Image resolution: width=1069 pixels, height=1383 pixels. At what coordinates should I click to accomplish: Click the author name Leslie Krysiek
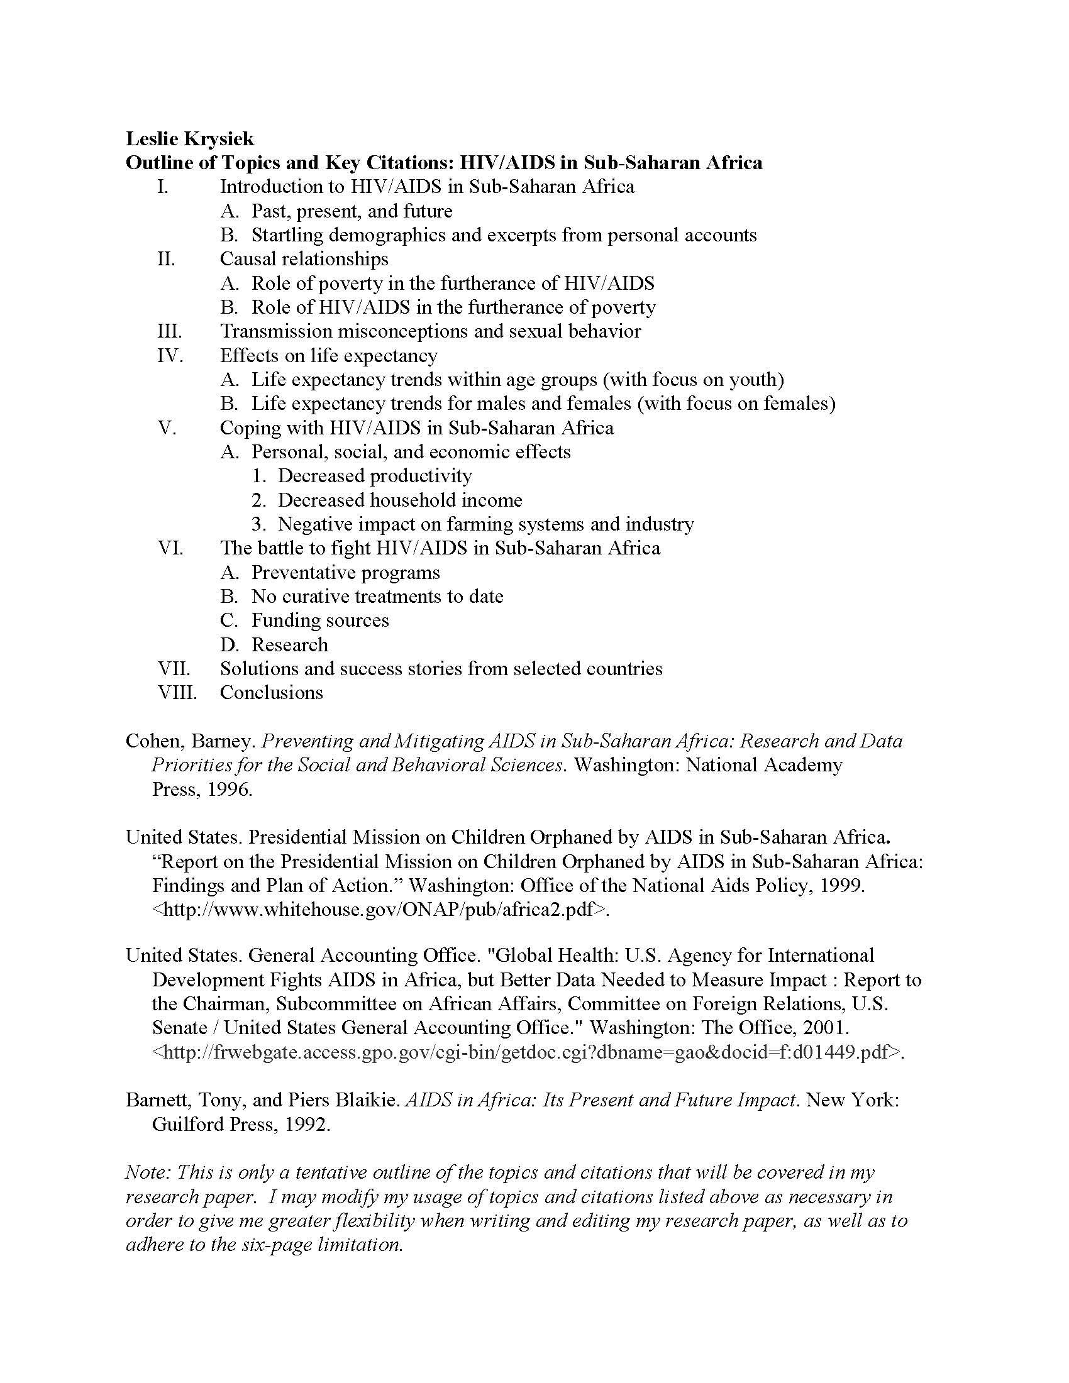[190, 138]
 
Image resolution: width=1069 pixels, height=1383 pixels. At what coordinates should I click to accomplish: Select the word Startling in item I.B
[288, 235]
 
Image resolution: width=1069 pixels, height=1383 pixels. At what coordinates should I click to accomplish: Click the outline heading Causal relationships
[304, 259]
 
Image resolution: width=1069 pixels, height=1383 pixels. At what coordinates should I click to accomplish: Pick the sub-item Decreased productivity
[375, 476]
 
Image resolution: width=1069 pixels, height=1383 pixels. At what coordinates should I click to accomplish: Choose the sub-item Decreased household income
[399, 500]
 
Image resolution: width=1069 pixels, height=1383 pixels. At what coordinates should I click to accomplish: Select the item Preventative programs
[345, 573]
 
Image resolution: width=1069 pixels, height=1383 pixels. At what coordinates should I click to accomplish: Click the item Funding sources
[320, 620]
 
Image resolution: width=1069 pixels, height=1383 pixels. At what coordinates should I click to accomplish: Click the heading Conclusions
[271, 693]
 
